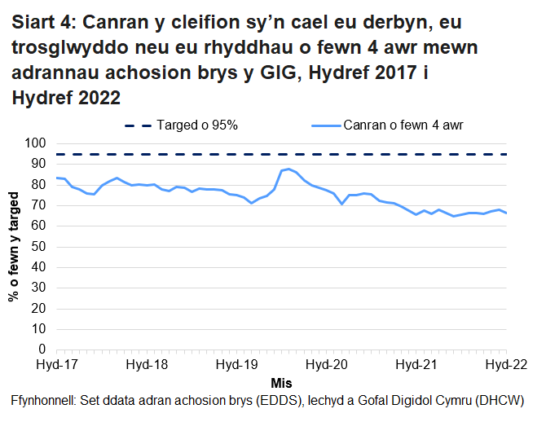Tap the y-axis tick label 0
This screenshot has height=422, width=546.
40,349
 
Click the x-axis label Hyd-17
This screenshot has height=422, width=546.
55,364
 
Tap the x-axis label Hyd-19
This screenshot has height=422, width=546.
236,364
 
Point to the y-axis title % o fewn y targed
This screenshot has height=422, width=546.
14,246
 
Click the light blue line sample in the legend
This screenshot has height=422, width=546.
325,125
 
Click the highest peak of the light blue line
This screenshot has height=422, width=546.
288,169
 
